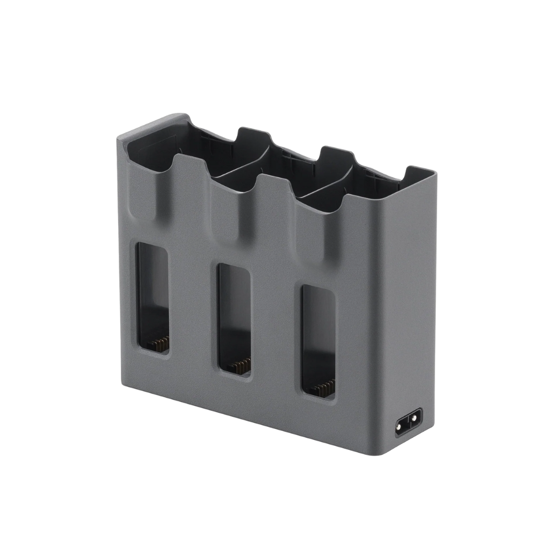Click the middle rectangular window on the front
(x=234, y=316)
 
